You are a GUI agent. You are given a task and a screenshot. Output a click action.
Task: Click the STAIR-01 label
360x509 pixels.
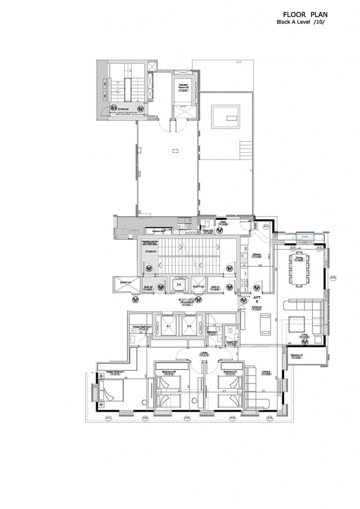pyautogui.click(x=151, y=252)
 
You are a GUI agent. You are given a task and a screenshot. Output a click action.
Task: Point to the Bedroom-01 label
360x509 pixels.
pyautogui.click(x=229, y=371)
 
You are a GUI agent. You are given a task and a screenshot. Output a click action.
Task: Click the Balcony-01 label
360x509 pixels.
pyautogui.click(x=297, y=354)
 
